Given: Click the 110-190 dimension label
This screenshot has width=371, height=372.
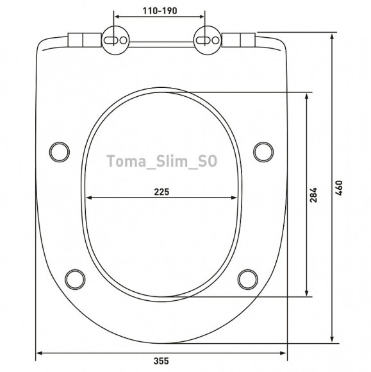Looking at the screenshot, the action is (160, 11).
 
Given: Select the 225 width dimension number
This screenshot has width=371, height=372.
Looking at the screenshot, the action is (161, 192).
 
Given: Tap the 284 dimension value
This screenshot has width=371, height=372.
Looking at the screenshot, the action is (313, 195).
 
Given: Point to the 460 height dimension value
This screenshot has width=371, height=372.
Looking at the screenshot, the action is (339, 188).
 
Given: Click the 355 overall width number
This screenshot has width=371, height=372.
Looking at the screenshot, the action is (161, 361).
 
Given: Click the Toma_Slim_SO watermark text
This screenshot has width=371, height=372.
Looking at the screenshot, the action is (161, 161).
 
